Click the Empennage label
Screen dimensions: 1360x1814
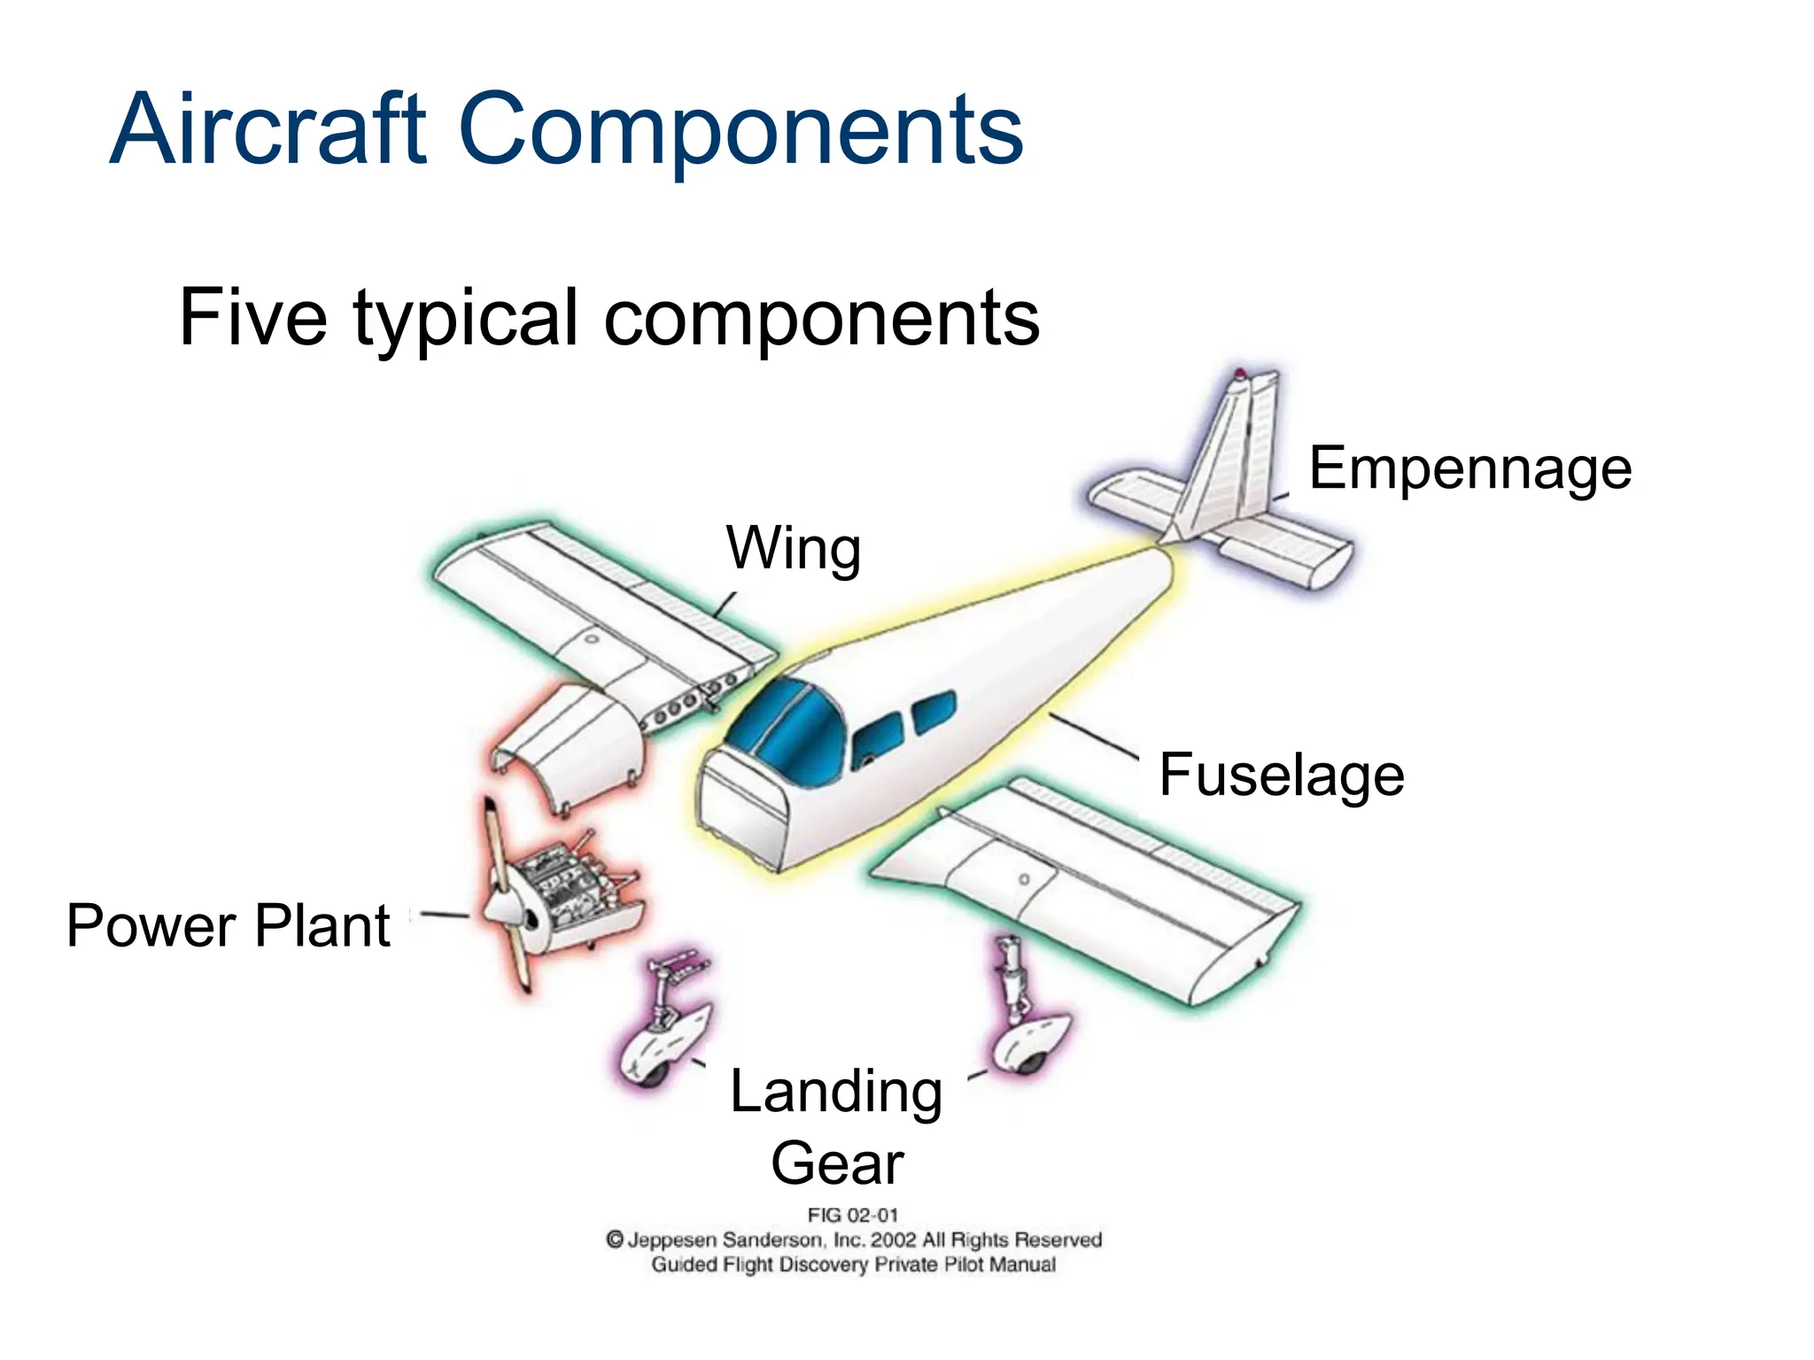[1469, 468]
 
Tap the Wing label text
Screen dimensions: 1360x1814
[794, 549]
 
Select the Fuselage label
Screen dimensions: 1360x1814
[1281, 775]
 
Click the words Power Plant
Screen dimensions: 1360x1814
[228, 926]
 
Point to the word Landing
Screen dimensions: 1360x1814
[836, 1092]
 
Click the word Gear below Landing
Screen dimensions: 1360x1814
[837, 1163]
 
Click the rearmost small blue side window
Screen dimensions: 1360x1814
[934, 711]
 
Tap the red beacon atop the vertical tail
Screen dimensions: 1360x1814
[1240, 374]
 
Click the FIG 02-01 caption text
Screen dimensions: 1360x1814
[852, 1216]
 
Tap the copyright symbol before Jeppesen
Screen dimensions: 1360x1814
[615, 1240]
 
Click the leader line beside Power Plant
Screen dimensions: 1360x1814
[444, 915]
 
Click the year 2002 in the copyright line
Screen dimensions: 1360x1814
[894, 1240]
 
